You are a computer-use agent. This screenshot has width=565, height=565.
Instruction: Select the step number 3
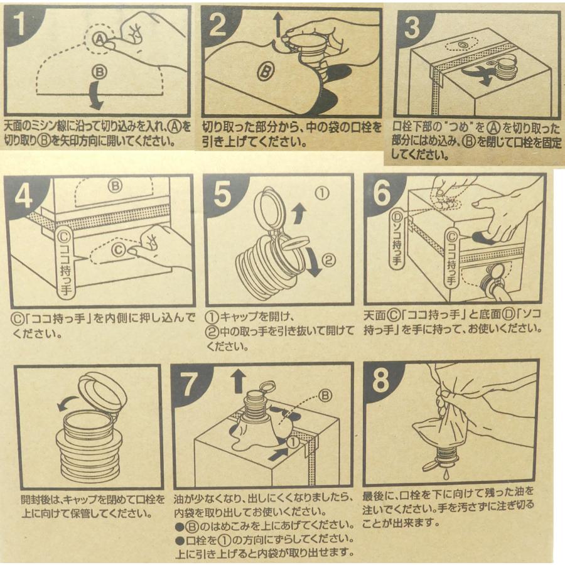tap(412, 28)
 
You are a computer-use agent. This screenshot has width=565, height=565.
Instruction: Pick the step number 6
tap(382, 193)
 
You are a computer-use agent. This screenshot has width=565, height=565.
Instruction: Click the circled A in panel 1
tap(100, 38)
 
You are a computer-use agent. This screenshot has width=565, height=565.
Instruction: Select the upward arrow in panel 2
tap(278, 24)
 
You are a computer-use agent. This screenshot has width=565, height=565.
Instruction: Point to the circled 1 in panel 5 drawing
tap(322, 193)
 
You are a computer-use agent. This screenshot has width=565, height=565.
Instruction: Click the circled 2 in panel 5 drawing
tap(328, 259)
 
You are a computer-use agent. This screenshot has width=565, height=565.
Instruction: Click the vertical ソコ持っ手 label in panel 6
tap(397, 239)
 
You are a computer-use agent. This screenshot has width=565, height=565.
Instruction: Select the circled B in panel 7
tap(325, 396)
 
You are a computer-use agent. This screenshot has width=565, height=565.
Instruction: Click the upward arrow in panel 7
tap(238, 382)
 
